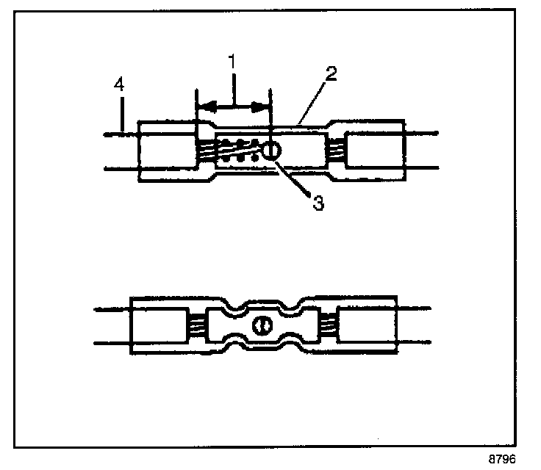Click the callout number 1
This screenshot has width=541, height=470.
[232, 62]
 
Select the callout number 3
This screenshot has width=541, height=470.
[318, 203]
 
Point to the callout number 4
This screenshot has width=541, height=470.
[120, 86]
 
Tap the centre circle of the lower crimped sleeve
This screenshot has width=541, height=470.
[262, 326]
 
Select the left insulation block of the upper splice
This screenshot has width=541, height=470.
[167, 151]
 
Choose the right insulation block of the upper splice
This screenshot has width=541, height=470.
[373, 151]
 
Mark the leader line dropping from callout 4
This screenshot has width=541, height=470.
[121, 114]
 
